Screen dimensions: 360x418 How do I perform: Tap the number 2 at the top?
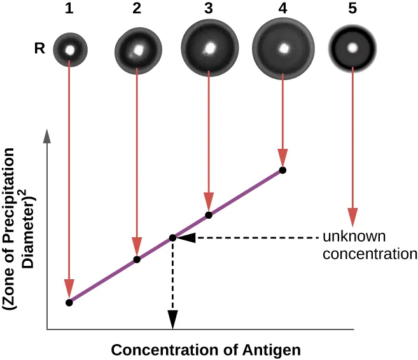(x=137, y=10)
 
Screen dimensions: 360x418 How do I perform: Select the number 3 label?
(x=209, y=10)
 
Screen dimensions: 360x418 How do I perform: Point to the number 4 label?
(x=283, y=10)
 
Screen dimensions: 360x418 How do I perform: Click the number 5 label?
(x=352, y=10)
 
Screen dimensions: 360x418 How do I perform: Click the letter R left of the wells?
(x=39, y=48)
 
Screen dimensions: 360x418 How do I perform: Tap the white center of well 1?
(x=69, y=48)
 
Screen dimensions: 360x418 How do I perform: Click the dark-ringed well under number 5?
(x=352, y=48)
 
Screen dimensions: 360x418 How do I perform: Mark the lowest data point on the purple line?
(x=69, y=303)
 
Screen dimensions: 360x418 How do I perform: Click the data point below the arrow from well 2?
(x=137, y=260)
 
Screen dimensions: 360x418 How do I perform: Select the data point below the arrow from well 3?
(x=209, y=215)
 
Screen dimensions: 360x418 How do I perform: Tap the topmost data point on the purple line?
(x=282, y=170)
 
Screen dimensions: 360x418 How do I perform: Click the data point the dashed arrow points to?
(x=172, y=238)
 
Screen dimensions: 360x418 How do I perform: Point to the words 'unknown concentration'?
(x=369, y=246)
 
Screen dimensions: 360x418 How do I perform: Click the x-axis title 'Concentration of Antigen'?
(x=206, y=350)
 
